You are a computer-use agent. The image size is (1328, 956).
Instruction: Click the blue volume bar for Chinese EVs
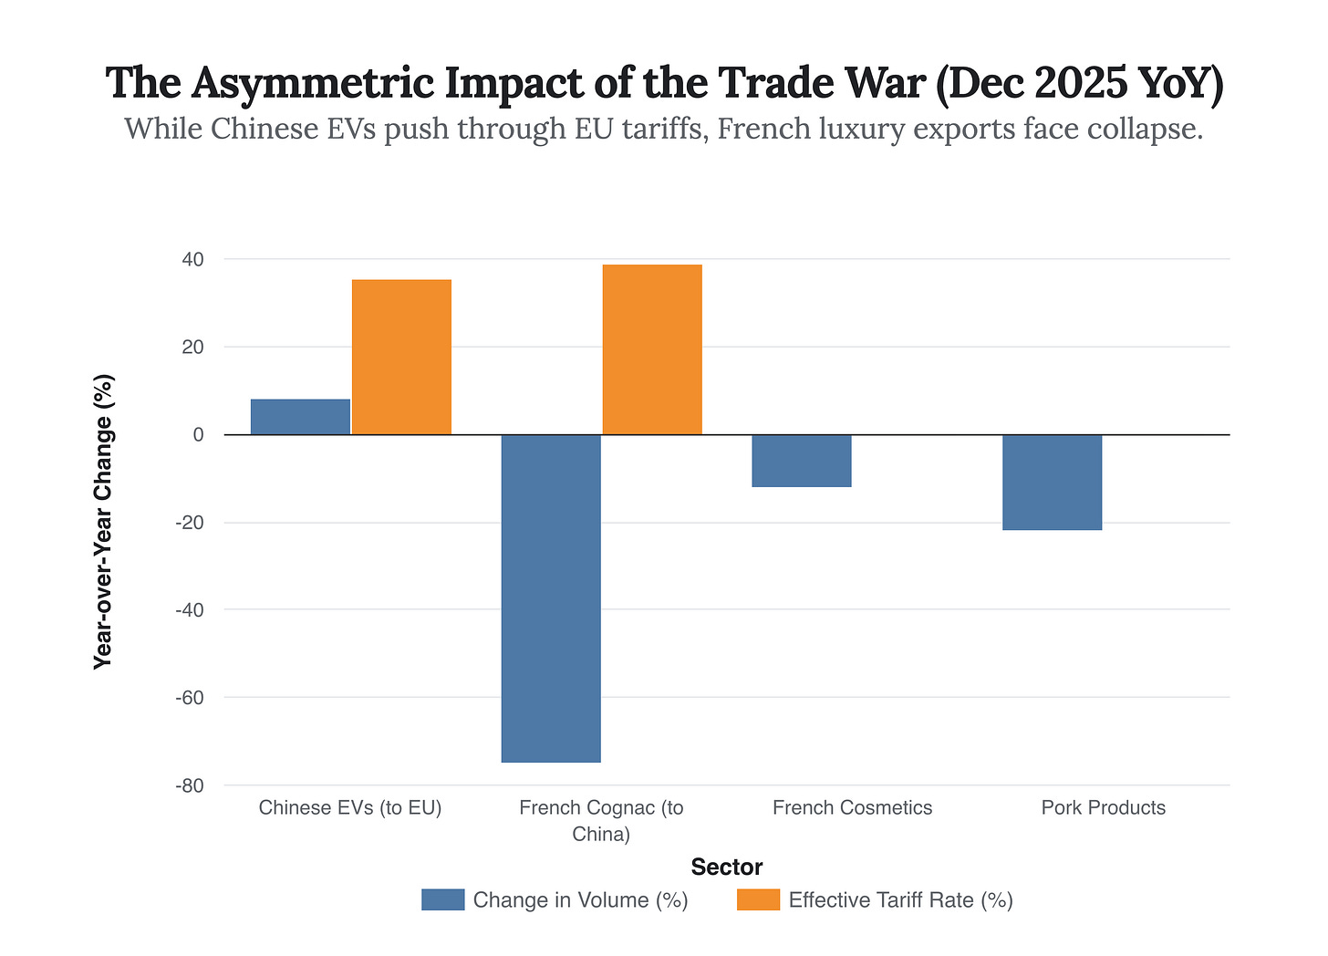click(300, 417)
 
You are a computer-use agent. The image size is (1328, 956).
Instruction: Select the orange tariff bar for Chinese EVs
click(401, 357)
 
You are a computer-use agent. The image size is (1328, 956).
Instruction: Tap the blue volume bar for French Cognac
click(551, 597)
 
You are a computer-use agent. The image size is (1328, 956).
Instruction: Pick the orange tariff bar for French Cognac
click(652, 349)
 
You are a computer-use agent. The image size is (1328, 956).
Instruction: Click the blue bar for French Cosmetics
click(802, 461)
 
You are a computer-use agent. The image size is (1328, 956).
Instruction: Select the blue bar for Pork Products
click(1053, 482)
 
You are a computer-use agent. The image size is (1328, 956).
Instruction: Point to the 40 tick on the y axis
click(192, 260)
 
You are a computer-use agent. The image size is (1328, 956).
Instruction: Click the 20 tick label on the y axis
click(192, 348)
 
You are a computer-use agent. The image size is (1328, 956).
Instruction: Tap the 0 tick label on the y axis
click(198, 435)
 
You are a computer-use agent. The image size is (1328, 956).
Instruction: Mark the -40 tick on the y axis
click(189, 610)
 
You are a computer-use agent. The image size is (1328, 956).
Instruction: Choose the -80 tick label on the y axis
click(189, 785)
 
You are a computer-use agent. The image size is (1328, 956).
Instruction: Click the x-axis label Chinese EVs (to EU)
click(350, 808)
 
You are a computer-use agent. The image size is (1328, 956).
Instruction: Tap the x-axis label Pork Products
click(1104, 808)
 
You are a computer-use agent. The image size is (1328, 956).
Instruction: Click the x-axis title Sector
click(726, 867)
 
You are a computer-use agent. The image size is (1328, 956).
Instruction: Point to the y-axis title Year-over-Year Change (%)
click(104, 522)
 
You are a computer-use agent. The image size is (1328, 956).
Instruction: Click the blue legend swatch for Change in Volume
click(442, 900)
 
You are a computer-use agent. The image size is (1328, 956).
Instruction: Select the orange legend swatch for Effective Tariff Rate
click(758, 900)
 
